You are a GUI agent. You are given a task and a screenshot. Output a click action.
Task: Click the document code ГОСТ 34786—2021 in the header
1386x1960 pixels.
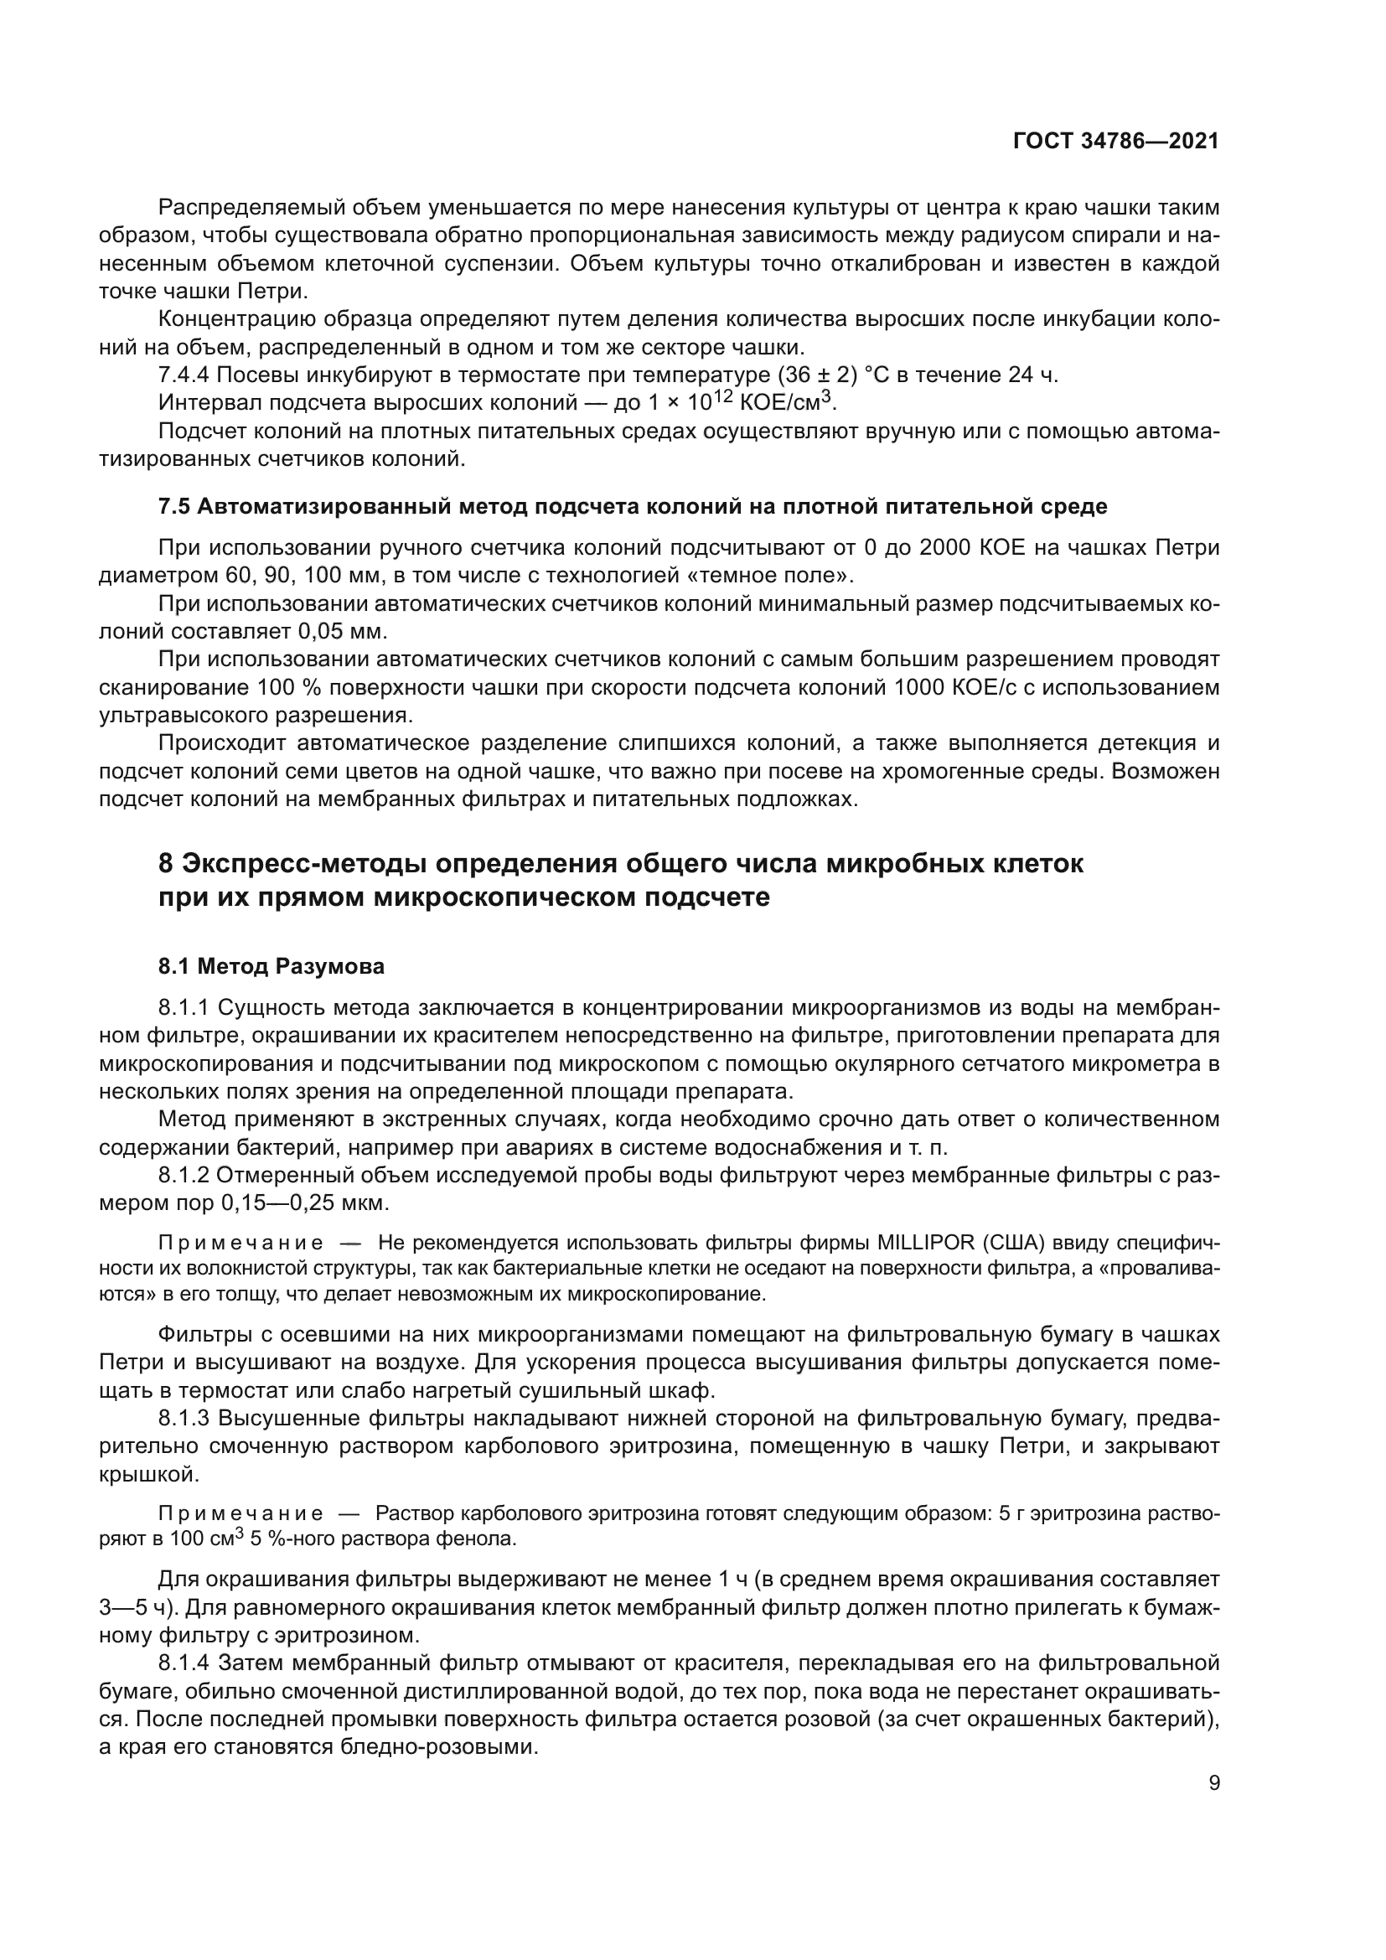[x=1115, y=142]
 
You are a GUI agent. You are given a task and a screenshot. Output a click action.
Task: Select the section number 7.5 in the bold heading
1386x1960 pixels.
[x=175, y=506]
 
